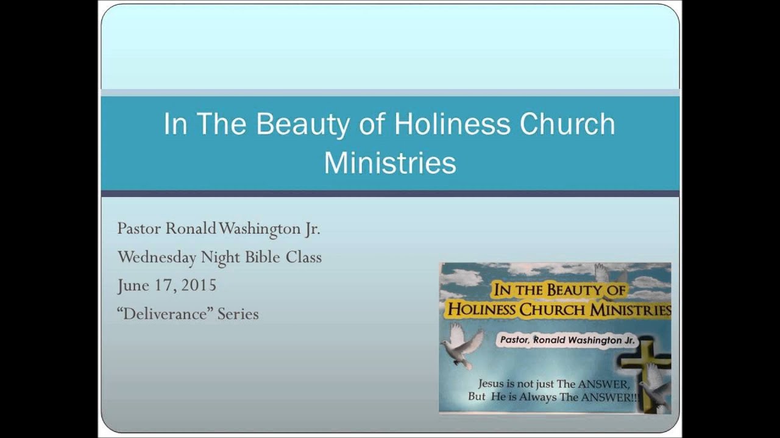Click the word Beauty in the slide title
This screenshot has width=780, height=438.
(x=302, y=125)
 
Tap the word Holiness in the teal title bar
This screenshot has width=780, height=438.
(x=452, y=124)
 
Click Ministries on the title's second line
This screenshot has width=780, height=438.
(x=390, y=162)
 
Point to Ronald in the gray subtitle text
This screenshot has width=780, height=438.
(x=191, y=229)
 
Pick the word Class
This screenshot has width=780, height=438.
(x=303, y=257)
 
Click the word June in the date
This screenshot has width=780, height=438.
(x=133, y=285)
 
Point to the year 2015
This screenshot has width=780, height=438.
(x=198, y=285)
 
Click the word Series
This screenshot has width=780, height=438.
(x=238, y=314)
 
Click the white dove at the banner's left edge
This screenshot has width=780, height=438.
(x=461, y=346)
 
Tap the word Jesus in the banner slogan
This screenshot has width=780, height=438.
(x=493, y=384)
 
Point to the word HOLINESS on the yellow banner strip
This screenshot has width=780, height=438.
(x=481, y=310)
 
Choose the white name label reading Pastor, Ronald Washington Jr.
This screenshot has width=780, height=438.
(x=567, y=341)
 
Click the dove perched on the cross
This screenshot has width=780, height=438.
(x=655, y=386)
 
